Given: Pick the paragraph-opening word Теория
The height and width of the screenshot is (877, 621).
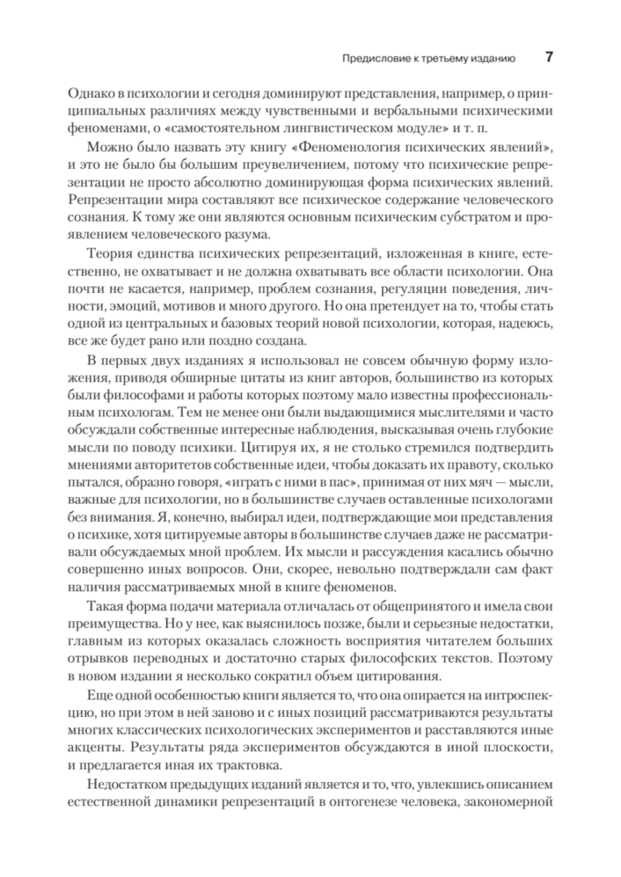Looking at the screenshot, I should pos(108,254).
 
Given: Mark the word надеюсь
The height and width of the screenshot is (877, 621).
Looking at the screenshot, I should pos(523,324).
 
